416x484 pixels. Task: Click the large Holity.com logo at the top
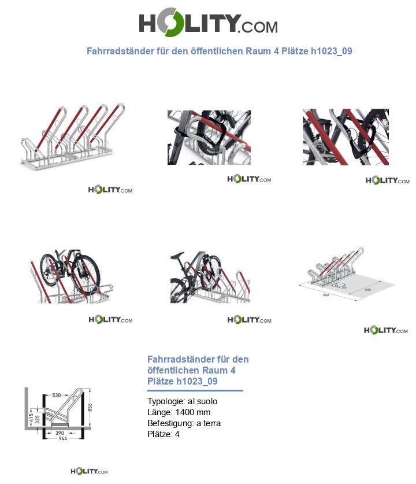[x=208, y=24]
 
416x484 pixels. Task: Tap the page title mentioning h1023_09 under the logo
[x=219, y=51]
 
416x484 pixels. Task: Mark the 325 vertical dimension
[x=38, y=420]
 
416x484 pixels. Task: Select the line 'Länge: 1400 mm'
[x=179, y=412]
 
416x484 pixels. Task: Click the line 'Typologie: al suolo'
[x=182, y=401]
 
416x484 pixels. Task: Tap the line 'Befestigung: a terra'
[x=184, y=423]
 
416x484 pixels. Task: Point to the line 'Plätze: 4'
[x=163, y=434]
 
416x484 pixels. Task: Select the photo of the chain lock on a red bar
[x=345, y=136]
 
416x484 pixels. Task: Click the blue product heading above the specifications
[x=198, y=370]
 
